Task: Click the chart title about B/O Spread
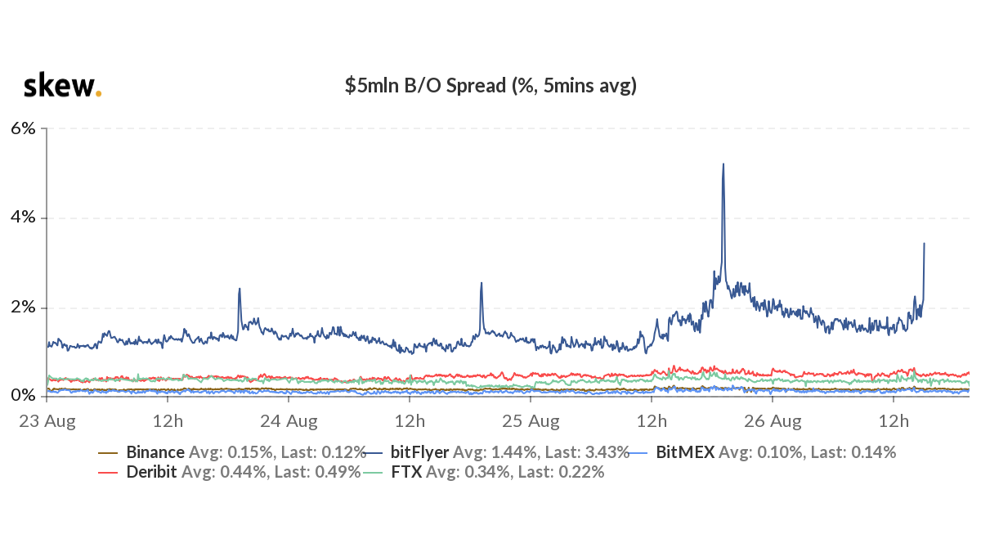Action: point(490,85)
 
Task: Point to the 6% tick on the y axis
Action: point(23,128)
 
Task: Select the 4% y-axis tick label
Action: point(23,218)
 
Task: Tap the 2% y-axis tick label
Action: point(23,308)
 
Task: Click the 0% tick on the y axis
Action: point(23,396)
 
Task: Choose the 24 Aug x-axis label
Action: point(288,422)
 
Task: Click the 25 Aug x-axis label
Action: point(531,422)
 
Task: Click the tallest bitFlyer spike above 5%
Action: point(723,164)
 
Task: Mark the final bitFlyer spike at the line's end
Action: point(924,244)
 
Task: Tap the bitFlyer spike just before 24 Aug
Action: point(240,289)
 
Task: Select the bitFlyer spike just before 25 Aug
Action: point(482,283)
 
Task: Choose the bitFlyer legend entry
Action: point(419,452)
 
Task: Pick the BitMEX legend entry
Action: point(686,452)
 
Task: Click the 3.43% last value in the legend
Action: point(607,452)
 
